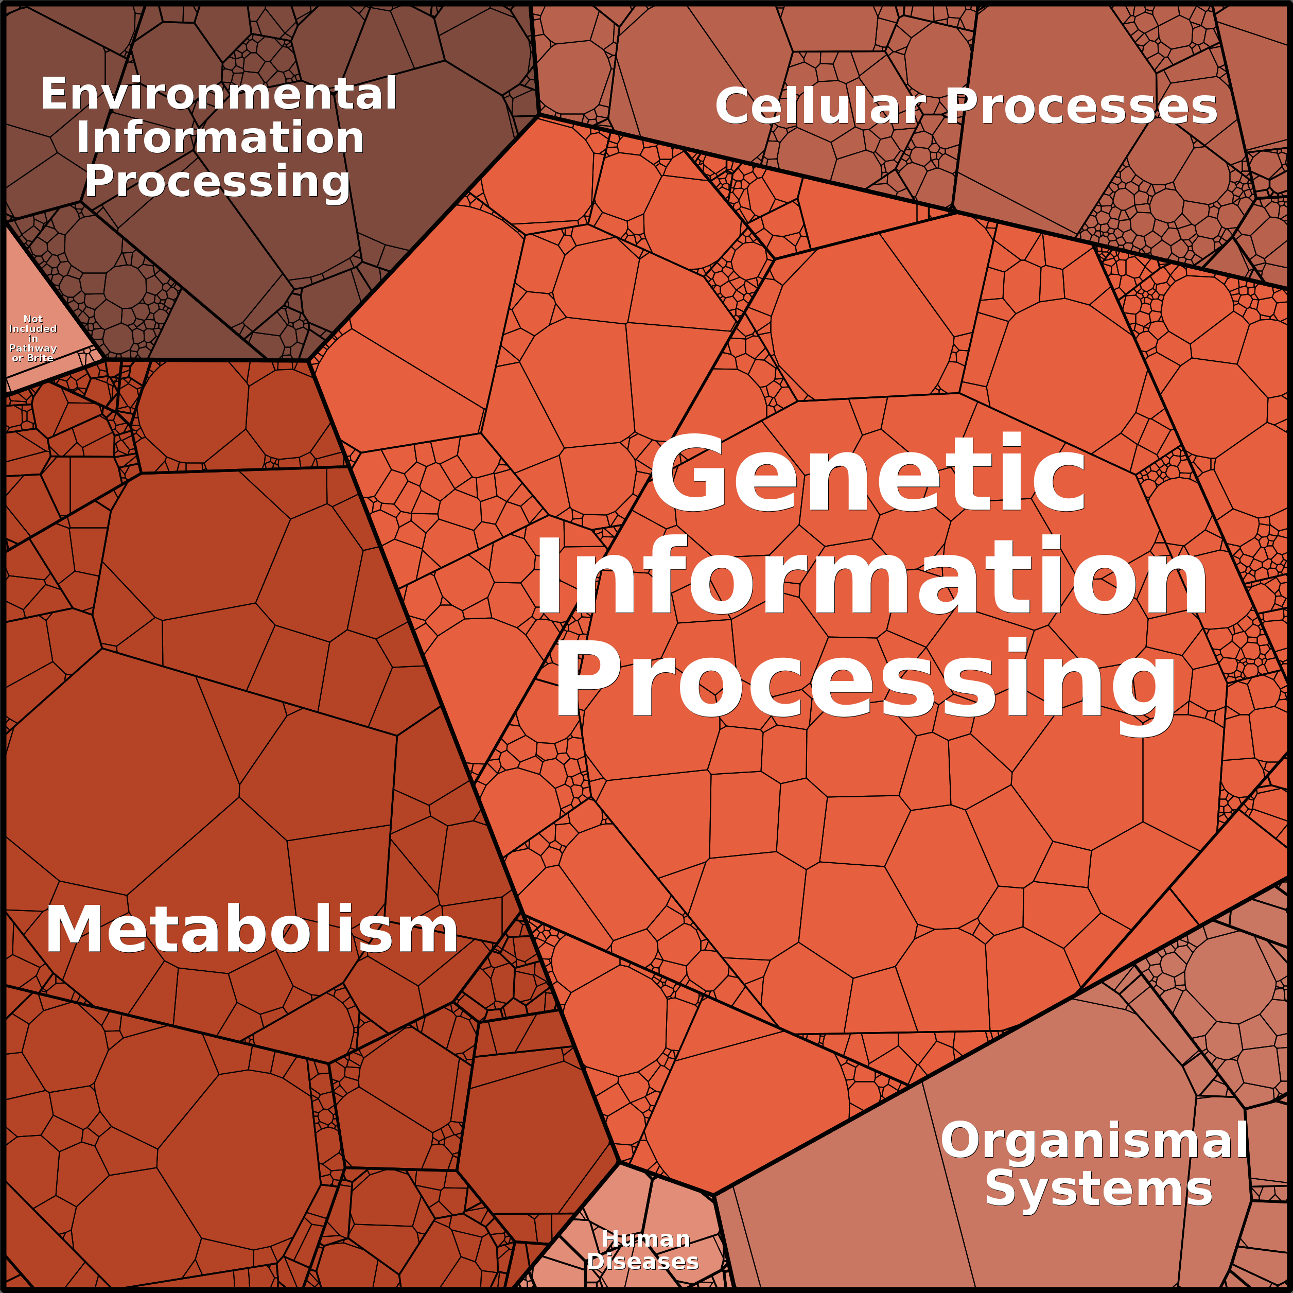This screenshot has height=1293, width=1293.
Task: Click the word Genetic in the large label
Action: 868,474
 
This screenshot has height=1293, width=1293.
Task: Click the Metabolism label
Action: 252,930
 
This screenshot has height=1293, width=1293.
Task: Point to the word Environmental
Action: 219,94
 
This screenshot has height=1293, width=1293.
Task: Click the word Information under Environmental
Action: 220,138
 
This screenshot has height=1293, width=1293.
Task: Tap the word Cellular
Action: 820,107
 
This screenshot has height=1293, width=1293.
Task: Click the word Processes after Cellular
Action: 1081,107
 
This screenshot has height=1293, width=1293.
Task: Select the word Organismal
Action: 1094,1141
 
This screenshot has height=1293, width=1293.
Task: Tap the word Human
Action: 645,1239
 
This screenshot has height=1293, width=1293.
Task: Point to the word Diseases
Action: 642,1262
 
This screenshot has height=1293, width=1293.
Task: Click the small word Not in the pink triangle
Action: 33,319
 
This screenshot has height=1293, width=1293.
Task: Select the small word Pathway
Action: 33,348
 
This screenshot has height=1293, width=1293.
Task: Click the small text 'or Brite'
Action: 33,358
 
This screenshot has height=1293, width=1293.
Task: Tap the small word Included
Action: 33,328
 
